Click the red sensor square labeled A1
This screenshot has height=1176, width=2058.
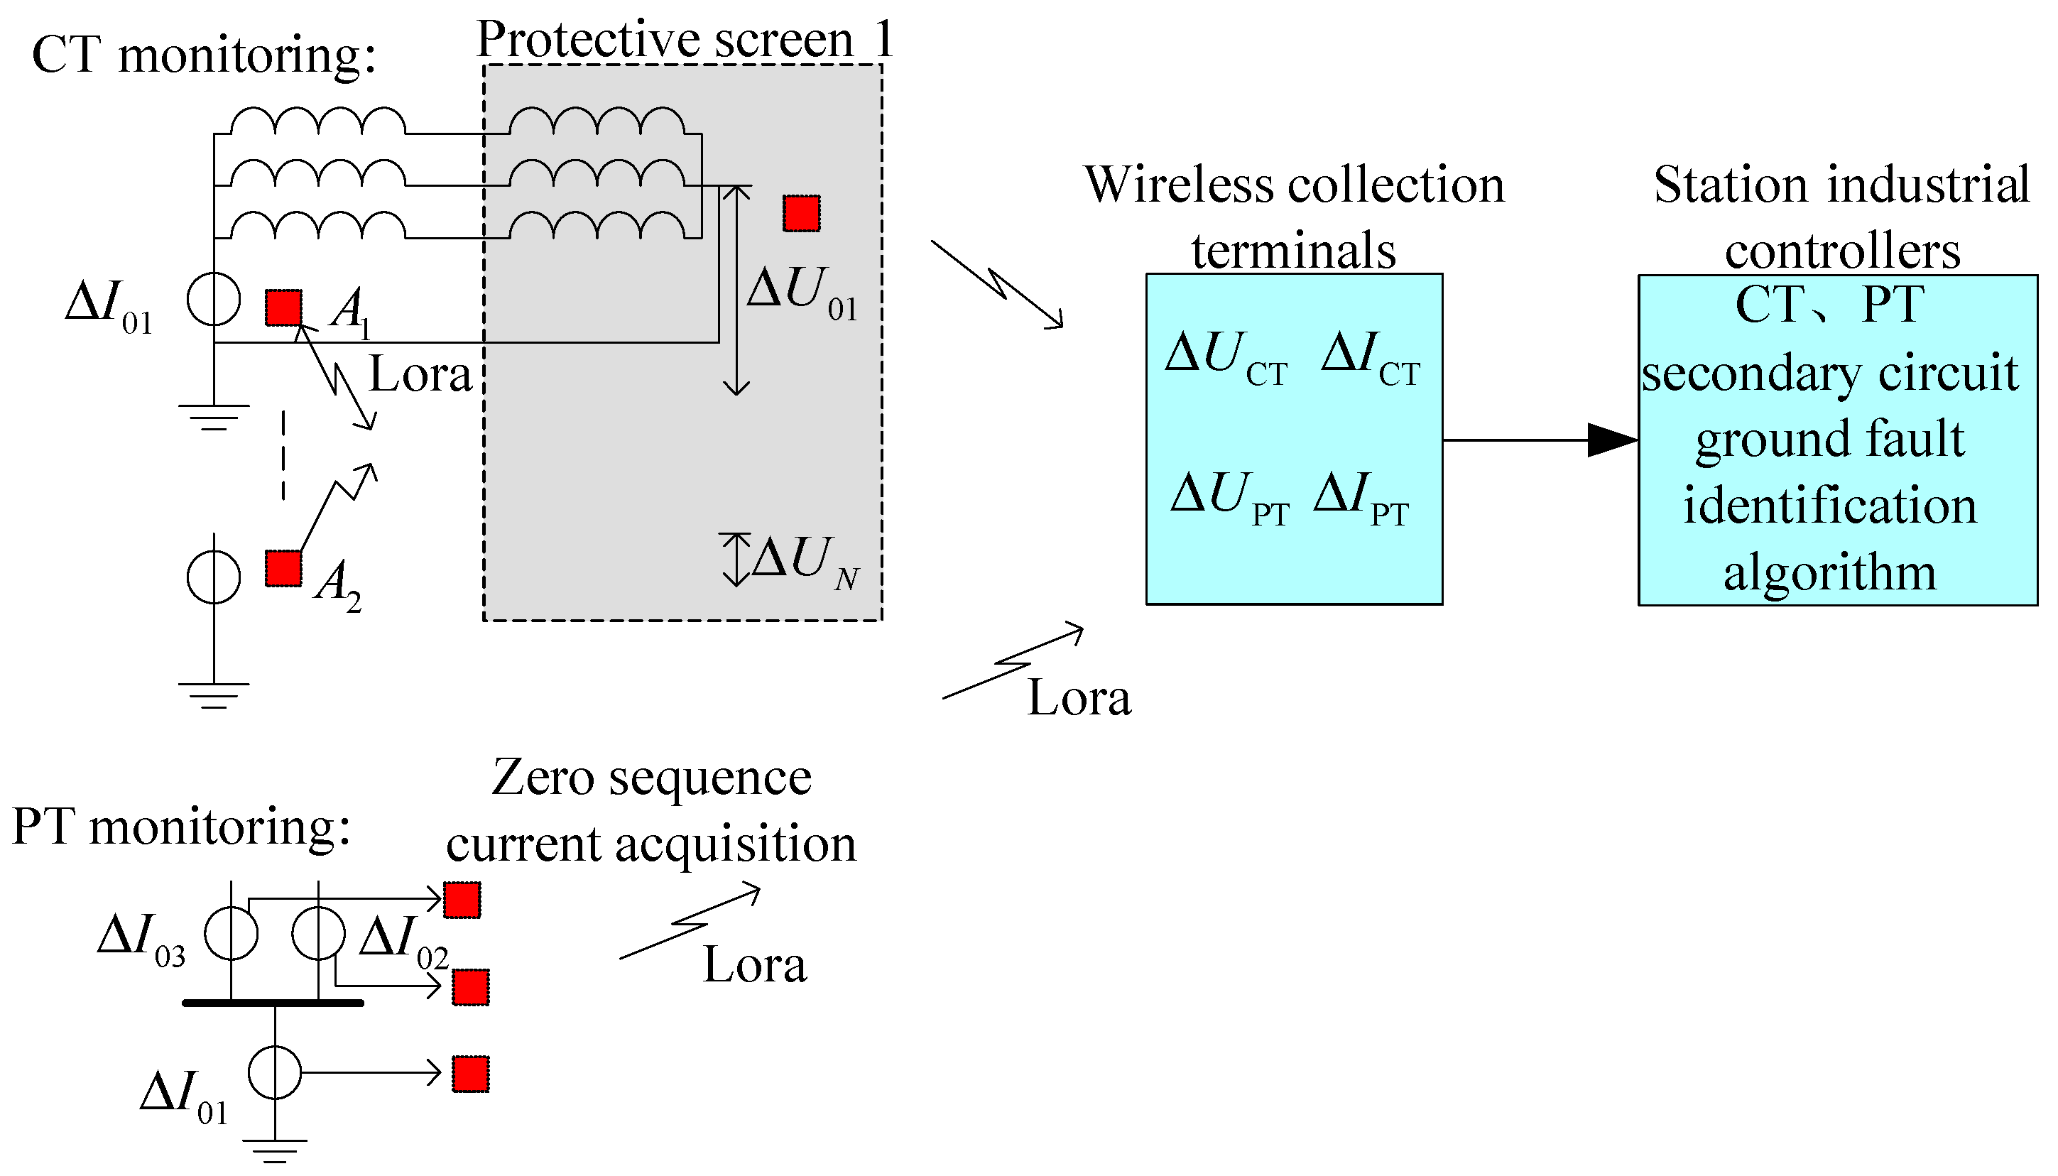pos(283,307)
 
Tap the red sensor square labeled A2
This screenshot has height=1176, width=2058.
pos(283,568)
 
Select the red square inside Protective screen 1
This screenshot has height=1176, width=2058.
pos(801,213)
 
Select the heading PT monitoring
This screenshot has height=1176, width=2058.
pos(182,828)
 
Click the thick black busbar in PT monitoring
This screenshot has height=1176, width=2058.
pos(273,1003)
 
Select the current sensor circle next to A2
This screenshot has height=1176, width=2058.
pos(213,577)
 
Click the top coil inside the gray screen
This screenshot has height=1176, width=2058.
pos(597,122)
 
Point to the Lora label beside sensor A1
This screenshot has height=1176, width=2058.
pos(420,375)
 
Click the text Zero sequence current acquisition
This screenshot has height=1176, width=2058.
pos(651,811)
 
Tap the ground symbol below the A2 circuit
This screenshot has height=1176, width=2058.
pos(213,695)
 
